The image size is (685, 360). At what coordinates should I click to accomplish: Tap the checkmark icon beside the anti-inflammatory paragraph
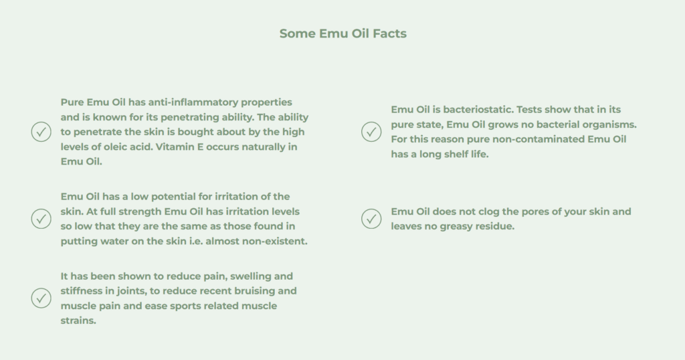[x=41, y=132]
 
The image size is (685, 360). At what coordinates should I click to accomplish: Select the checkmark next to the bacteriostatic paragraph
[x=371, y=132]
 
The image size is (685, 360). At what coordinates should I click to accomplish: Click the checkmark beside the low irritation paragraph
[x=41, y=218]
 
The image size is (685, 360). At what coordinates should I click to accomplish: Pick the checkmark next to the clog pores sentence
[x=371, y=218]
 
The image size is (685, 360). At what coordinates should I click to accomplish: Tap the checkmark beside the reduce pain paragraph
[x=41, y=298]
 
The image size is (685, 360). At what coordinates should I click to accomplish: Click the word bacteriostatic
[x=478, y=110]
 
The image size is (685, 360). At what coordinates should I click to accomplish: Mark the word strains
[x=78, y=321]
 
